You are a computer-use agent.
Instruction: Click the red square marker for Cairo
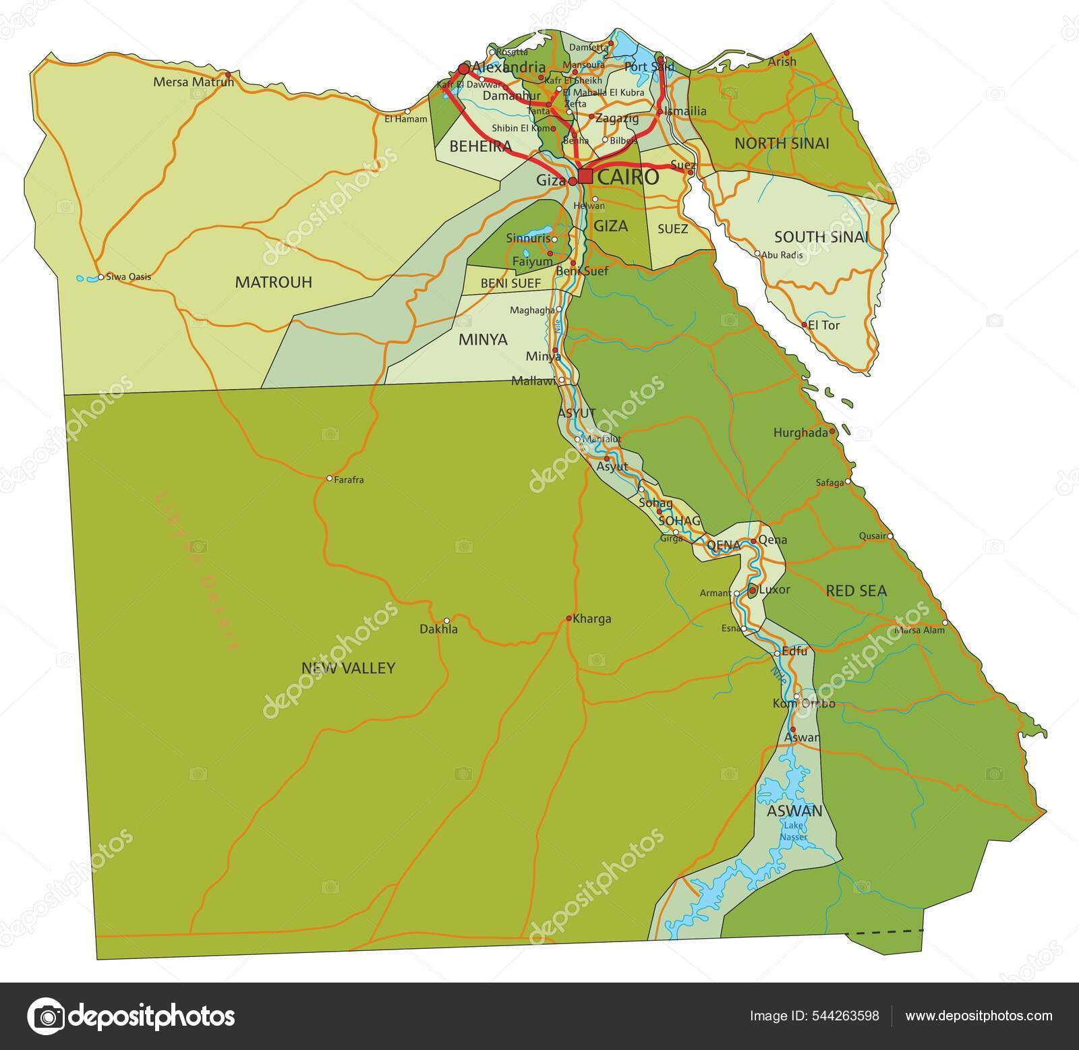[585, 177]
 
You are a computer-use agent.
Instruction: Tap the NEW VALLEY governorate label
[348, 668]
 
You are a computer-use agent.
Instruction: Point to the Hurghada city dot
[832, 431]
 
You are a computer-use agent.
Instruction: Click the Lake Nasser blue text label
[793, 832]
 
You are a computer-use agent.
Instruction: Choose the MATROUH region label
[273, 283]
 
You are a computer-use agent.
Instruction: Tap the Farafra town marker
[329, 478]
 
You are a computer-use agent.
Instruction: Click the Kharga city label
[593, 618]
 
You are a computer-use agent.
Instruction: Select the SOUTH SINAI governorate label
[820, 237]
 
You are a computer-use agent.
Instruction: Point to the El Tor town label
[824, 325]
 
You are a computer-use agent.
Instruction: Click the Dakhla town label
[438, 629]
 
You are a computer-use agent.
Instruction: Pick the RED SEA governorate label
[856, 591]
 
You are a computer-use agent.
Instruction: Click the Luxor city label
[774, 589]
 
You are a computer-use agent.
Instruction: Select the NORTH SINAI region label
[782, 143]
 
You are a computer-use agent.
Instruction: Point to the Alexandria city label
[509, 67]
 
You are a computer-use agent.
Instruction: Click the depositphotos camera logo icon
[46, 1016]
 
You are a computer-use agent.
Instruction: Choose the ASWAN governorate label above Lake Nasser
[794, 811]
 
